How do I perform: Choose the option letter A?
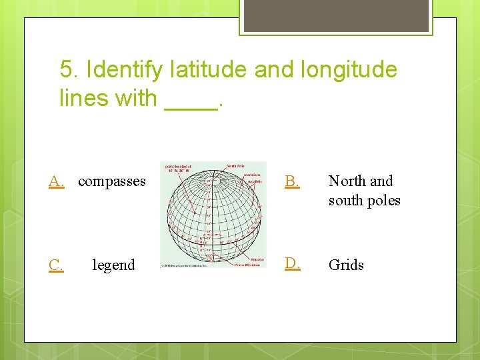click(57, 181)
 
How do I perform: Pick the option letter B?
click(291, 181)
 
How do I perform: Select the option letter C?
click(57, 265)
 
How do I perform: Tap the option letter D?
click(292, 264)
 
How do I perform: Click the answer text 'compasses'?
click(112, 181)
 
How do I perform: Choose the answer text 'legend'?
click(113, 265)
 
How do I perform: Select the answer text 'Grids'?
click(346, 265)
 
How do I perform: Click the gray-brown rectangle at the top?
click(336, 15)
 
